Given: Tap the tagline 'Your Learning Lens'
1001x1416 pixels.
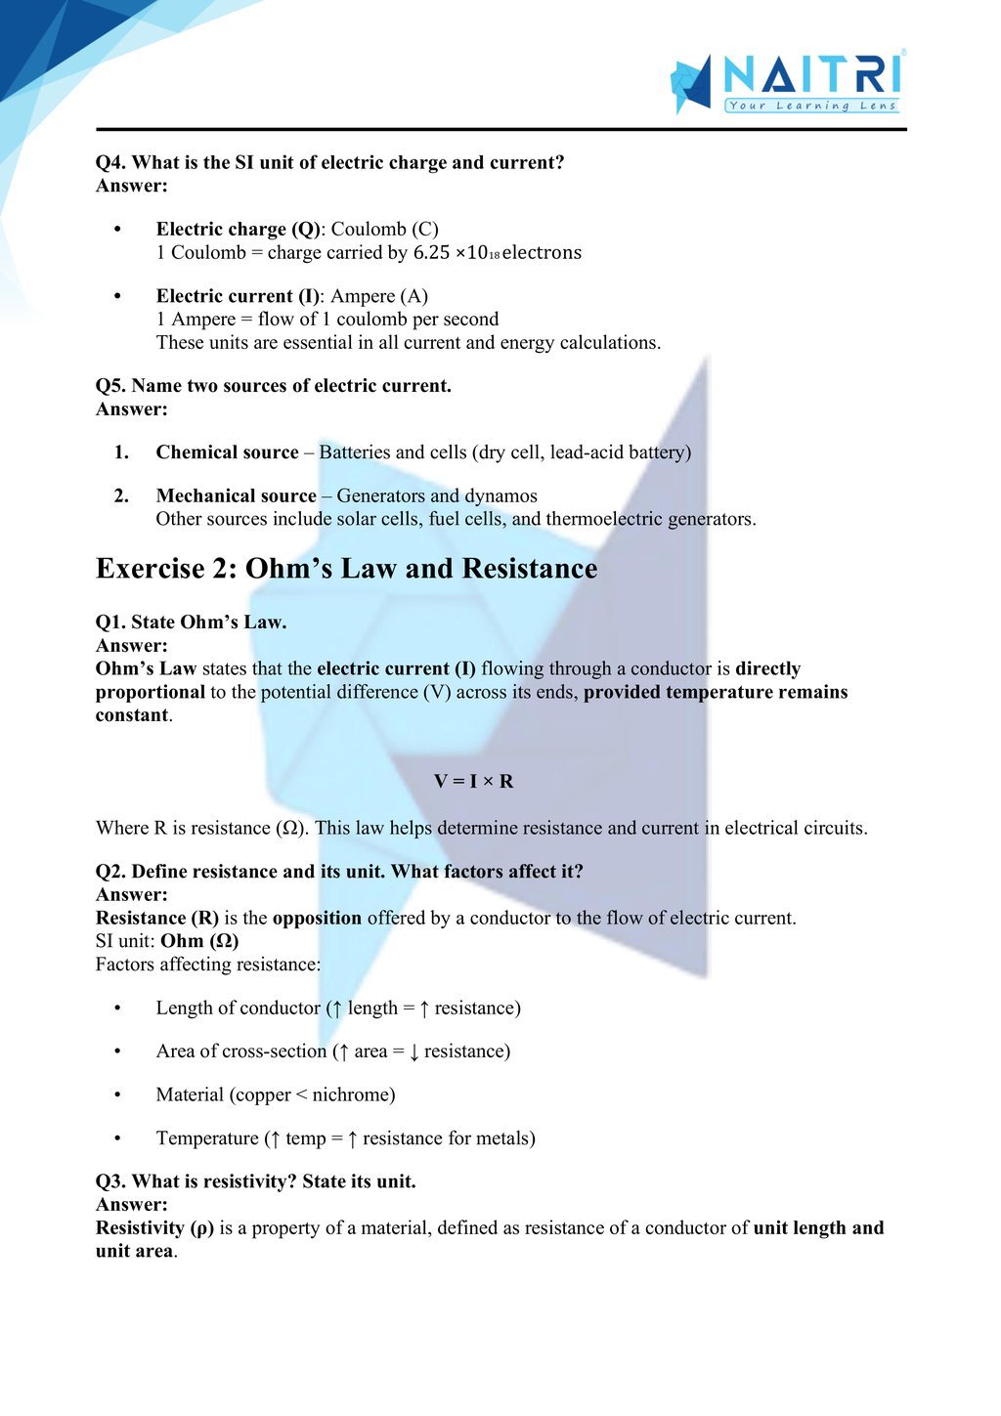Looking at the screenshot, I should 811,106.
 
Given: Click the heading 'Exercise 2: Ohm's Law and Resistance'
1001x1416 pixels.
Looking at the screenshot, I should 346,569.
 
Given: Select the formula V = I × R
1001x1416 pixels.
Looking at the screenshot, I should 474,781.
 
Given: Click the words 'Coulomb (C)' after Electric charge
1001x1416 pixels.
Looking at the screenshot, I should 385,229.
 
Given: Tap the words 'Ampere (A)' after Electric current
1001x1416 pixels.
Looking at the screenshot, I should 379,295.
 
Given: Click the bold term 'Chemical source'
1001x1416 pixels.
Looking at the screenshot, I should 227,451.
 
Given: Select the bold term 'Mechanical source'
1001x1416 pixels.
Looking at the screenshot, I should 236,495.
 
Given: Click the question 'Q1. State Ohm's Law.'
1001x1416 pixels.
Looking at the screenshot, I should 191,622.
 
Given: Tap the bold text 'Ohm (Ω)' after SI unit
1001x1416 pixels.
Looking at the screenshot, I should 199,940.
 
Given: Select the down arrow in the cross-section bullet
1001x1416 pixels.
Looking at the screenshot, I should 413,1051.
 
